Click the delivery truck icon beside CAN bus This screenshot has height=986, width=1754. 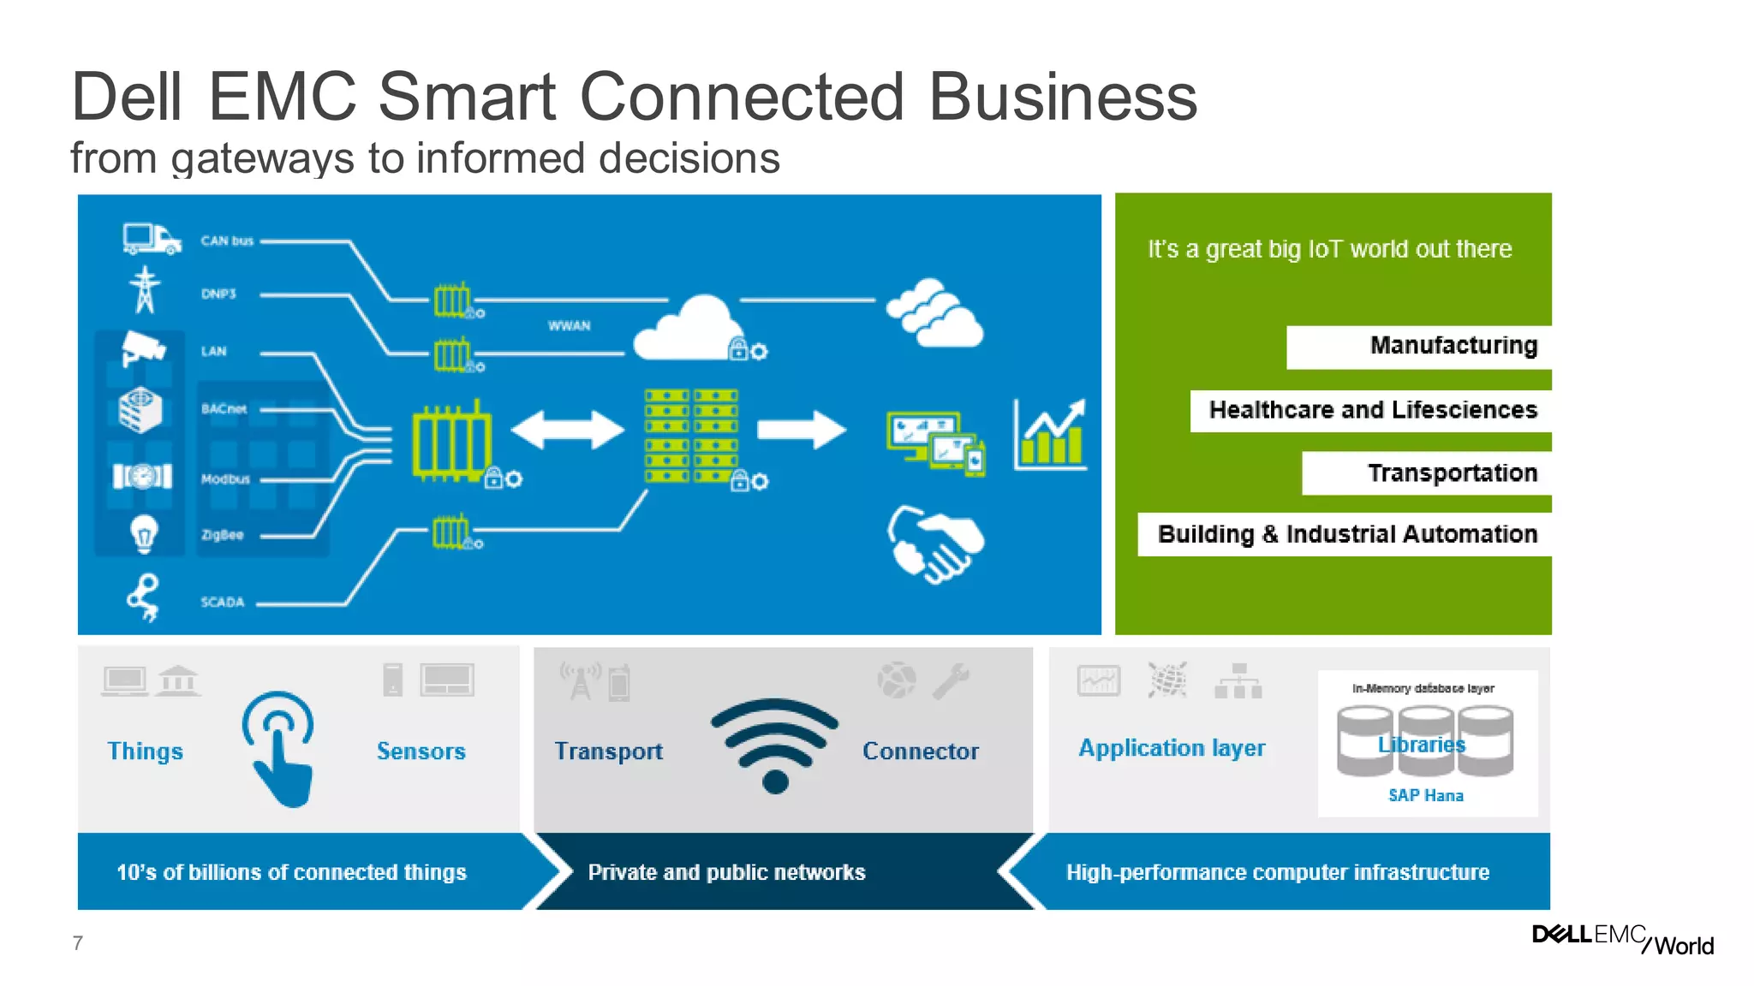152,239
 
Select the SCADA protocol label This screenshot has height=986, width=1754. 223,602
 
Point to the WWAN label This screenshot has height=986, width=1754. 570,326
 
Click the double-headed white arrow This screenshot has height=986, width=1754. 568,430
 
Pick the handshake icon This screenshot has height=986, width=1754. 935,544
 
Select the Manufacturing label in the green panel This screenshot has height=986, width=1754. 1453,346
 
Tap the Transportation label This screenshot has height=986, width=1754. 1453,473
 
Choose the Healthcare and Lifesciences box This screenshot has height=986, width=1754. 1372,410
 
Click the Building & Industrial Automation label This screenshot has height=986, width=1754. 1347,534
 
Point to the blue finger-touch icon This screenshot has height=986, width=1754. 279,748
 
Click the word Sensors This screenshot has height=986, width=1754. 421,751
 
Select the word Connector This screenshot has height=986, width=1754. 920,751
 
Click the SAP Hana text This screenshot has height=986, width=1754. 1426,796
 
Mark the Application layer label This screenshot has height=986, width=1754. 1172,748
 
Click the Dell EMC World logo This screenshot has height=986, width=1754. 1622,939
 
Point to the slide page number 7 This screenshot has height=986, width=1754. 78,943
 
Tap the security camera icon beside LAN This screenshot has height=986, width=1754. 142,348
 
